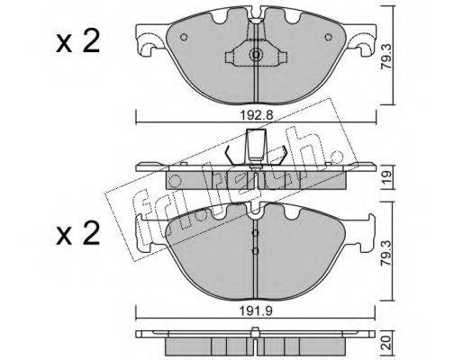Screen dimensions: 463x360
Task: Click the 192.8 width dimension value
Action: [x=256, y=115]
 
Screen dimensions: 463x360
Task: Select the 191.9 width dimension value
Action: [x=256, y=310]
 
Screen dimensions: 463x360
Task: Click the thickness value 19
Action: [x=386, y=176]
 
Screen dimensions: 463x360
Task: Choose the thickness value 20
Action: [x=386, y=342]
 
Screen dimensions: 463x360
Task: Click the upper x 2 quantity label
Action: [x=77, y=42]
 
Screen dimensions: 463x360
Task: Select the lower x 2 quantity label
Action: [x=77, y=233]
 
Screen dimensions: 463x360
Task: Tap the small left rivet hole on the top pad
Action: [x=184, y=37]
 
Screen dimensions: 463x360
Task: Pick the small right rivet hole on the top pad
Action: [x=329, y=37]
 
